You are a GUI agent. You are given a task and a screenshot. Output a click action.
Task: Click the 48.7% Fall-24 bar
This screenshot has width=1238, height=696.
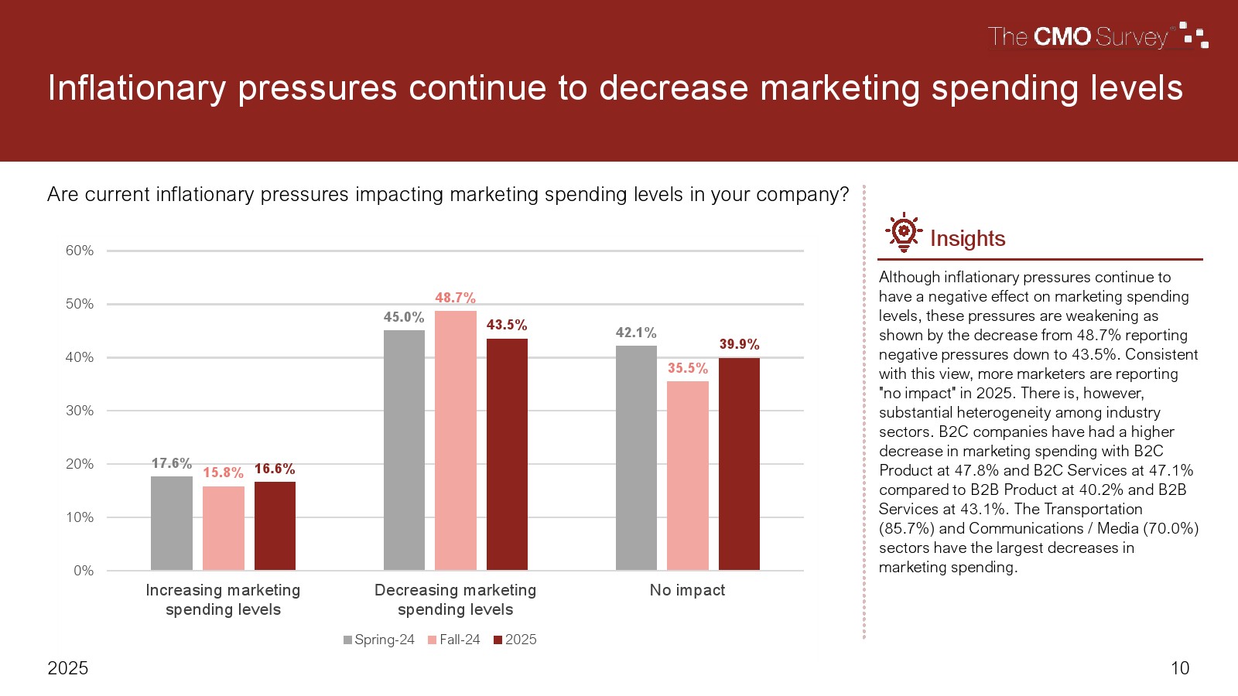pos(455,440)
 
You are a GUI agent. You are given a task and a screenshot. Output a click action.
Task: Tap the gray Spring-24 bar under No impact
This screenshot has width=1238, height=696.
pos(636,458)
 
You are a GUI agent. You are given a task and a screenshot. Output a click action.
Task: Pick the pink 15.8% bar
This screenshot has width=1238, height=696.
pos(223,528)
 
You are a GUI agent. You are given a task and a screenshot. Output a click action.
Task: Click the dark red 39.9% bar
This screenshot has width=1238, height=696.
pos(739,464)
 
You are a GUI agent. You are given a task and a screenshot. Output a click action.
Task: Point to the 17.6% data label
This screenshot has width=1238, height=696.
pos(171,463)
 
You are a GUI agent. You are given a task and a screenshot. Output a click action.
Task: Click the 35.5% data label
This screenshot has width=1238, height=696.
pos(688,368)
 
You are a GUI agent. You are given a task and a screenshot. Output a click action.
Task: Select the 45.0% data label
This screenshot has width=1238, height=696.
pos(404,317)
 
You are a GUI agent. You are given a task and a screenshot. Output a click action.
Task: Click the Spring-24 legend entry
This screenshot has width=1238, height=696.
pos(379,640)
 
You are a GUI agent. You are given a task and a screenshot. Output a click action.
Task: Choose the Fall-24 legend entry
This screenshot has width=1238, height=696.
pos(454,640)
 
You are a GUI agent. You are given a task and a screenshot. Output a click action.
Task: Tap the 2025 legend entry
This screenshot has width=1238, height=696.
pos(515,640)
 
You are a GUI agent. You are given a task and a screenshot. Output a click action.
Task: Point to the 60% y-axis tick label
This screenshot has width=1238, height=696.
pos(80,251)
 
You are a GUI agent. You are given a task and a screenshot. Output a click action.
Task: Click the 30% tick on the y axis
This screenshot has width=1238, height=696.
pos(80,411)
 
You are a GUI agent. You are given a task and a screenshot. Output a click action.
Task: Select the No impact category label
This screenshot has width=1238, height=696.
pos(687,590)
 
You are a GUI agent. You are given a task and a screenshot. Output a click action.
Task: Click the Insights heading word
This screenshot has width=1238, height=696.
pos(967,238)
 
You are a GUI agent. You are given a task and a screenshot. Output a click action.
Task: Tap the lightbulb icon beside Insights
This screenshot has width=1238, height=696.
pos(903,232)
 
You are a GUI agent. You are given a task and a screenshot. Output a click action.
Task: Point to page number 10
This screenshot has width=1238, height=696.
pos(1180,668)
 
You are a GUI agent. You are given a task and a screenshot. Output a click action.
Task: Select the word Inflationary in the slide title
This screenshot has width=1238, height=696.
pos(137,88)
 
